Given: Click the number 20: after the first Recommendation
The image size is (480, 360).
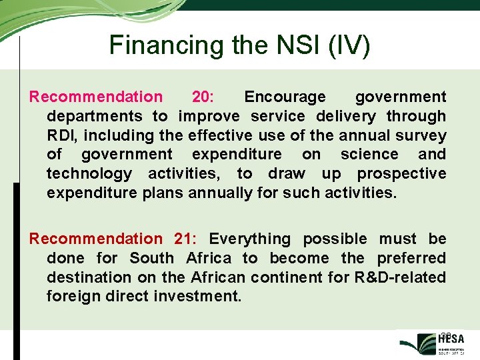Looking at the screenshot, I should [203, 97].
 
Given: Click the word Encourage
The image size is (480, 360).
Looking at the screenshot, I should [285, 97].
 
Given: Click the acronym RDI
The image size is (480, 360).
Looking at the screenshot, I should [64, 135].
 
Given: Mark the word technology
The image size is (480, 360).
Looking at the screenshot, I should [89, 174].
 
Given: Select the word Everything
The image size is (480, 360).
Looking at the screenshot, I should [250, 239].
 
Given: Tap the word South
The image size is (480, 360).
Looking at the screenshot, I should [152, 258].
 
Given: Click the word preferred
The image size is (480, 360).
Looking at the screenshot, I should [411, 258].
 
